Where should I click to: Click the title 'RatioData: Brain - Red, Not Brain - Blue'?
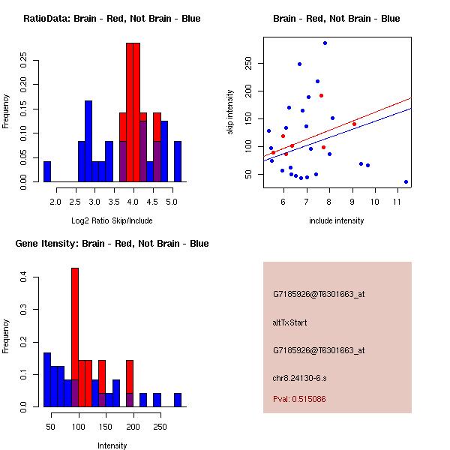click(112, 19)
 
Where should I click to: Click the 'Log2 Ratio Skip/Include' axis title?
click(112, 220)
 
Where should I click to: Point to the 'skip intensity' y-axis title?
click(230, 112)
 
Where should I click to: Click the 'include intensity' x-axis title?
click(337, 220)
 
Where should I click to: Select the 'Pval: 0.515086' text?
click(310, 400)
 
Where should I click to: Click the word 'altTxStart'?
click(290, 322)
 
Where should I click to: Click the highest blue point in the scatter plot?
click(325, 43)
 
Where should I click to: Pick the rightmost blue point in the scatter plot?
click(406, 181)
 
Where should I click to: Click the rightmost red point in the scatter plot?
click(354, 124)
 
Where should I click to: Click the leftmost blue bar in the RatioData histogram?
click(47, 171)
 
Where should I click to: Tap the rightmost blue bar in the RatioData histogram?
click(178, 161)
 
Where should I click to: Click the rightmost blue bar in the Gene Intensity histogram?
click(178, 399)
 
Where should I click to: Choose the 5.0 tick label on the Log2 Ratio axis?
click(172, 201)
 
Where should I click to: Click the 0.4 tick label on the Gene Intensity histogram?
click(23, 277)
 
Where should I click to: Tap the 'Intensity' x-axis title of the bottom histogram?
click(112, 445)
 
